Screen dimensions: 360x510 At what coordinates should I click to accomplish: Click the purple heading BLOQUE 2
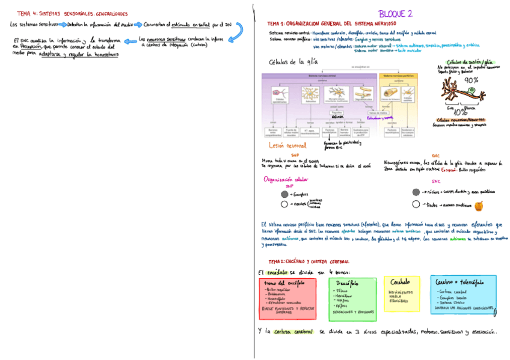tap(395, 13)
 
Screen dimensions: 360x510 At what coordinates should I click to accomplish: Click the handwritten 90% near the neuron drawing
tap(472, 80)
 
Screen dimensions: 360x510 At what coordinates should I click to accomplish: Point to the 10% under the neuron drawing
tap(461, 112)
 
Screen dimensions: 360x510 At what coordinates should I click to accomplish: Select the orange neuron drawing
tap(463, 94)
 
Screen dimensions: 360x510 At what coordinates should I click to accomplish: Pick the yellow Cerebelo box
tap(401, 293)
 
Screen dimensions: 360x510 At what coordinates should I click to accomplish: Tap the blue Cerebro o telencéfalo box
tap(463, 294)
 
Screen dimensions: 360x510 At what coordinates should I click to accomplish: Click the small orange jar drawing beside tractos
tap(479, 206)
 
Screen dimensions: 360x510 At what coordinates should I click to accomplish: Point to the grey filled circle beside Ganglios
tap(284, 195)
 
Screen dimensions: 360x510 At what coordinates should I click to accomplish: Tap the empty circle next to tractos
tap(416, 205)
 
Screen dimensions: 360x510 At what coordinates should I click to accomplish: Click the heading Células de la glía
tap(293, 62)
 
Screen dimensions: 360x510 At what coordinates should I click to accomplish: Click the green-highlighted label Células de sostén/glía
tap(470, 61)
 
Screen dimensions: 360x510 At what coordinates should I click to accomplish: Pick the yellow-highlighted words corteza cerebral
tap(293, 332)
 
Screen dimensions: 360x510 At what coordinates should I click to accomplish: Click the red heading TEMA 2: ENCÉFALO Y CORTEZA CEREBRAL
tap(309, 261)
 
